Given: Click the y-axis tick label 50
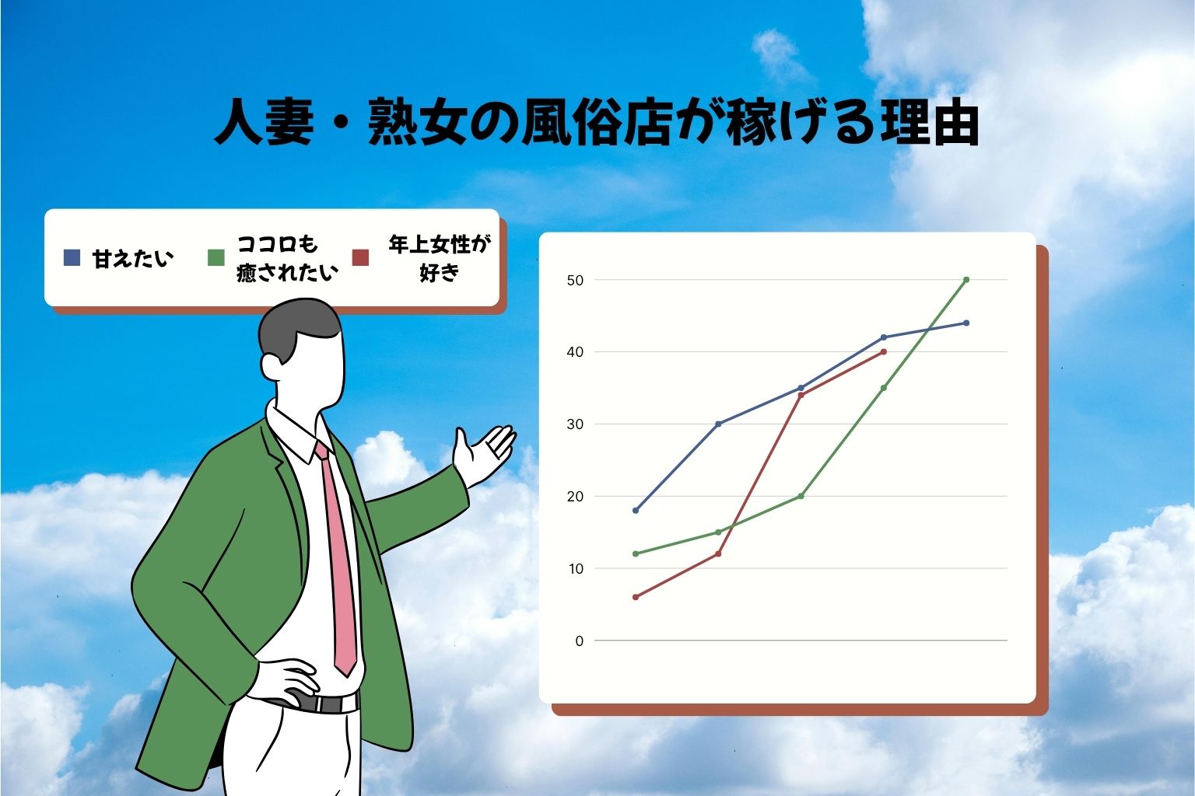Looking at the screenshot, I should click(x=575, y=280).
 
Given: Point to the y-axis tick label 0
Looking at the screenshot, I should click(x=579, y=641).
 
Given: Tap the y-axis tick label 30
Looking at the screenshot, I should click(x=575, y=424).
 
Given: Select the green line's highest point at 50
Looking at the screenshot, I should click(x=966, y=280).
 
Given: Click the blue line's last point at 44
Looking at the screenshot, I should click(x=966, y=323).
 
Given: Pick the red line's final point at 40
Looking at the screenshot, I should click(x=884, y=352).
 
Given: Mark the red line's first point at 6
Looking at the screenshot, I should click(x=636, y=597).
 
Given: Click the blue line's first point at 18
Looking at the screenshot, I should click(x=636, y=511).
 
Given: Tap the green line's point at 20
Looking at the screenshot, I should click(x=801, y=496).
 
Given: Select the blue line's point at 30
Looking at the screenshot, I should click(x=718, y=424).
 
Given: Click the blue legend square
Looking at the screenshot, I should click(x=72, y=257).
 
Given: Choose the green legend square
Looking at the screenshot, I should click(x=216, y=257).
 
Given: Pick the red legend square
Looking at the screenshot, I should click(x=360, y=257).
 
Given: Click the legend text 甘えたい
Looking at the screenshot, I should click(x=132, y=258).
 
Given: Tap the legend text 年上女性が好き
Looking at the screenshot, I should click(x=440, y=258).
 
